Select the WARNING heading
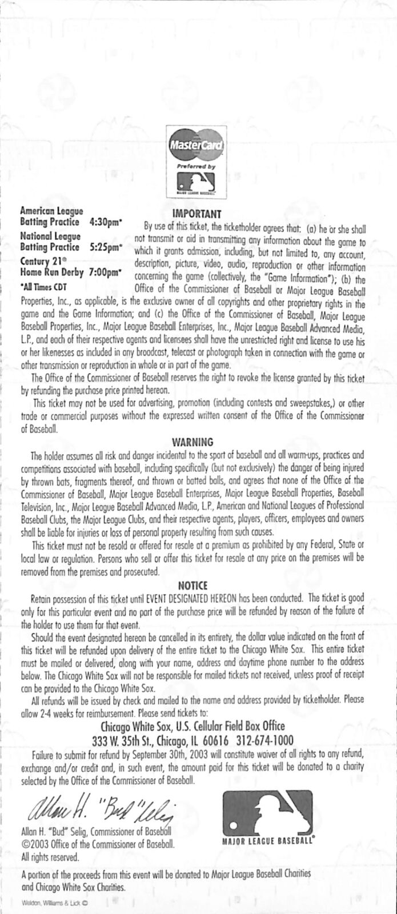pos(193,442)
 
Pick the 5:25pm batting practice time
pos(106,247)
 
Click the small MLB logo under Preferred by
pos(197,182)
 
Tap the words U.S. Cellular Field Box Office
pos(230,727)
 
